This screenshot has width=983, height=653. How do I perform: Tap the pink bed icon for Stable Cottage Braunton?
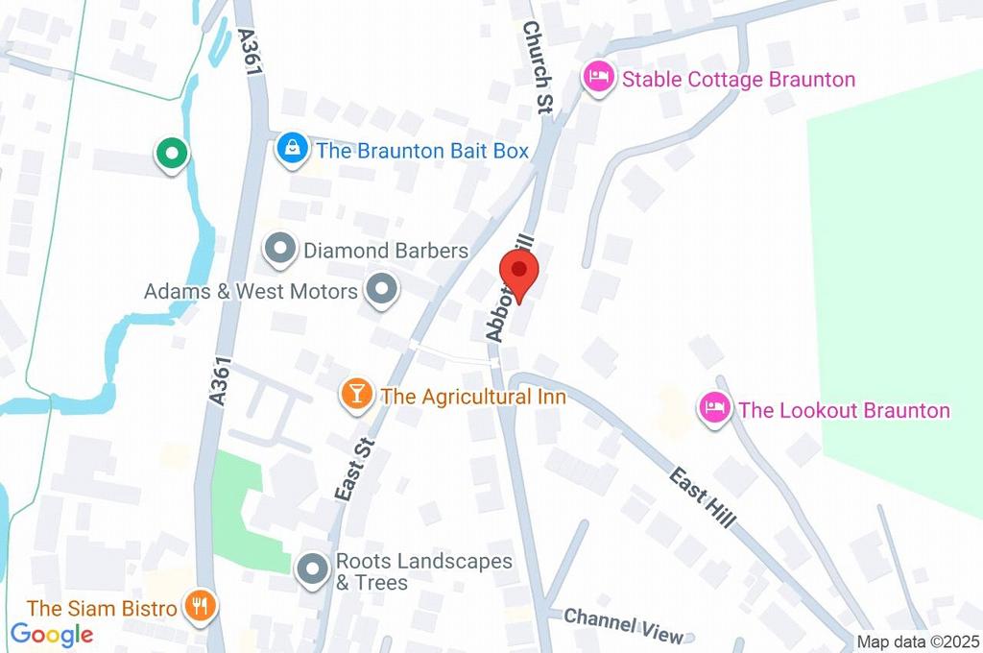tap(599, 79)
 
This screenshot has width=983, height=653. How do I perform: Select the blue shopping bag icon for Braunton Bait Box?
tap(291, 150)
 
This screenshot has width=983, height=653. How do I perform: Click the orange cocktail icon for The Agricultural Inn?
tap(356, 396)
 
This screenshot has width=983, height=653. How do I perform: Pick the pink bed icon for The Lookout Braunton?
tap(713, 410)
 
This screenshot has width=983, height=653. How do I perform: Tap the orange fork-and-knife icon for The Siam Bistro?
tap(201, 607)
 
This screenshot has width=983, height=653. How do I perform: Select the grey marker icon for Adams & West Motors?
tap(382, 290)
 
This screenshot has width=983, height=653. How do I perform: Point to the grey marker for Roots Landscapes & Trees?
tap(311, 570)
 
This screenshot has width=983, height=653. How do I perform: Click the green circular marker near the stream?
tap(172, 152)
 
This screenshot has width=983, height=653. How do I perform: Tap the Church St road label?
tap(536, 67)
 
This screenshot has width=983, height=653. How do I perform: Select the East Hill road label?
tap(703, 496)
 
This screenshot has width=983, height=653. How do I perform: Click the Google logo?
tap(52, 634)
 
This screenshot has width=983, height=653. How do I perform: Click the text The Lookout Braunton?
tap(844, 411)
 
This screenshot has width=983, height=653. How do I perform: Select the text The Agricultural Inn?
tap(473, 396)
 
